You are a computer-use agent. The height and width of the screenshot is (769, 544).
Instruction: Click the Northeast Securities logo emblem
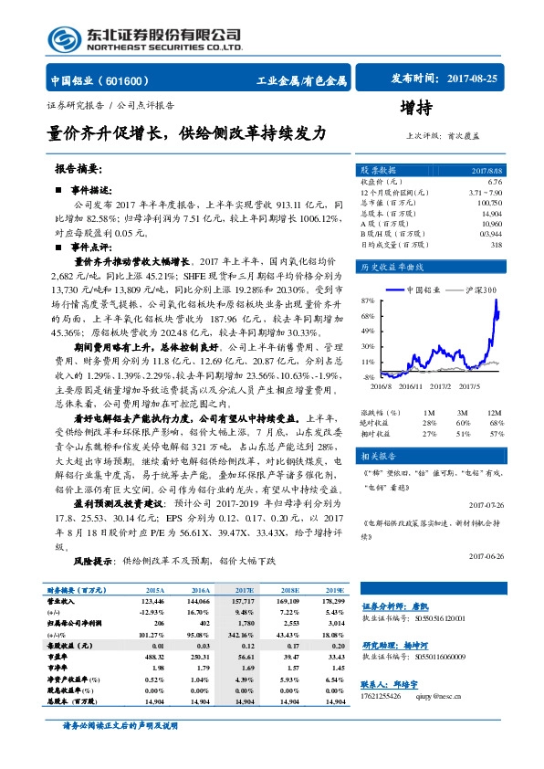click(65, 38)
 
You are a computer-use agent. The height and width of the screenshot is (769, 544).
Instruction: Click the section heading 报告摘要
click(80, 170)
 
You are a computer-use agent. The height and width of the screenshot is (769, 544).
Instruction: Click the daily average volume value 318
click(497, 244)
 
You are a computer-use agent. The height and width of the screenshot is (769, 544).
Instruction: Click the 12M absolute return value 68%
click(497, 423)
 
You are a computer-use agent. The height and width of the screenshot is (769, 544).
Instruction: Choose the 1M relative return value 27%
click(430, 434)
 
